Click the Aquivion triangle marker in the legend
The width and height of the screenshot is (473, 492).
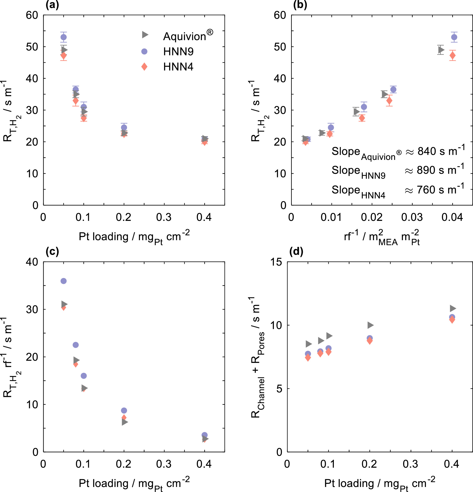tap(145, 35)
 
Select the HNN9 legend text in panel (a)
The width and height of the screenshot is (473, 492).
tap(178, 51)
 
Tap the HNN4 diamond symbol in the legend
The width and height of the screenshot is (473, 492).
tap(144, 67)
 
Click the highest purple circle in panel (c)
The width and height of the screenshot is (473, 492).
tap(64, 281)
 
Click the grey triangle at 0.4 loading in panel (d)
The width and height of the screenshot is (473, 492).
tap(453, 309)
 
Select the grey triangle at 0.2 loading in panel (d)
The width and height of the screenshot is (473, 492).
tap(370, 325)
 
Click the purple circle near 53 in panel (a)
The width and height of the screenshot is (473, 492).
tap(64, 37)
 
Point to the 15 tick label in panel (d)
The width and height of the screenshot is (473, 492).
tap(276, 262)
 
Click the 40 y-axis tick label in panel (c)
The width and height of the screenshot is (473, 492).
tap(32, 262)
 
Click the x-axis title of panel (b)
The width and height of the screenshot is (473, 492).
tap(382, 237)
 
